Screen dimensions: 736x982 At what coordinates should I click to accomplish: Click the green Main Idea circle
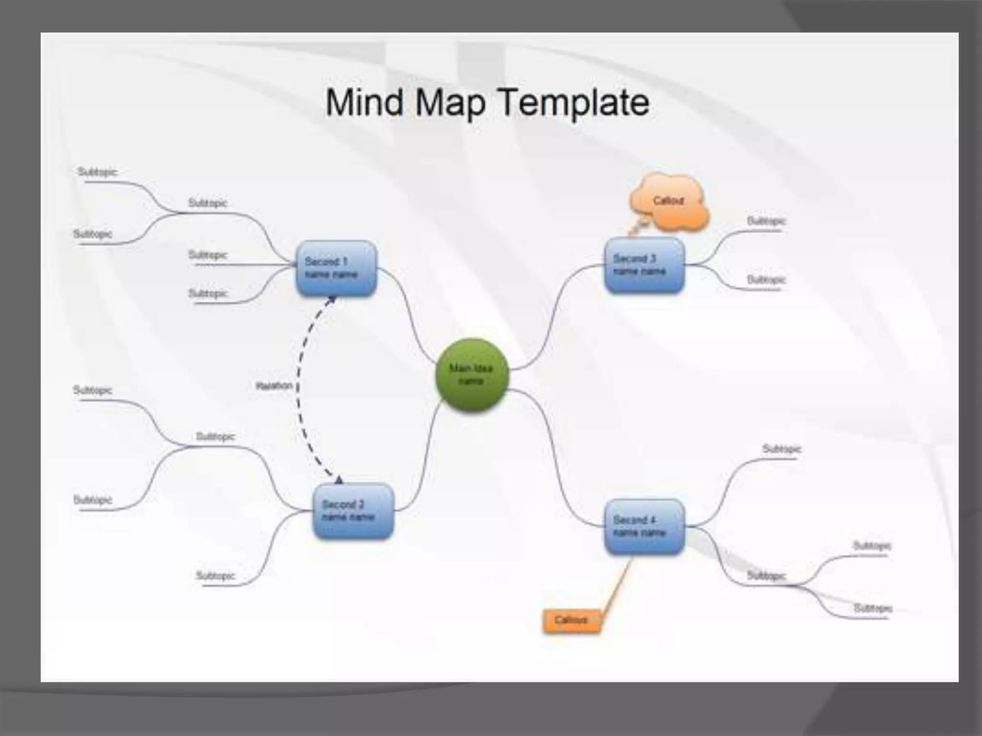pyautogui.click(x=472, y=375)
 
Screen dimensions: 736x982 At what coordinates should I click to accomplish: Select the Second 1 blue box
pyautogui.click(x=336, y=268)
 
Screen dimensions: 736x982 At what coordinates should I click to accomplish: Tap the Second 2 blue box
pyautogui.click(x=353, y=511)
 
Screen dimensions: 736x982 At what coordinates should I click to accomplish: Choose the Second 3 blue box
pyautogui.click(x=644, y=265)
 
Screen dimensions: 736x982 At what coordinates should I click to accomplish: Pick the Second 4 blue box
pyautogui.click(x=644, y=527)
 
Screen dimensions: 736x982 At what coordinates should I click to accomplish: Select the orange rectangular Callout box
pyautogui.click(x=571, y=621)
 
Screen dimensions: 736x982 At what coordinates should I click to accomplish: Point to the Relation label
pyautogui.click(x=274, y=386)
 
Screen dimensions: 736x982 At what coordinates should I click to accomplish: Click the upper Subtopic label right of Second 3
pyautogui.click(x=766, y=221)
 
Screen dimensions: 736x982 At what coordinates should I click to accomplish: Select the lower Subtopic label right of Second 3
pyautogui.click(x=766, y=280)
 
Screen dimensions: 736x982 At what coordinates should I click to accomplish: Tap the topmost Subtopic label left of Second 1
pyautogui.click(x=97, y=172)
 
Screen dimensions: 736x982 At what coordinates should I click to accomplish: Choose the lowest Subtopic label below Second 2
pyautogui.click(x=215, y=575)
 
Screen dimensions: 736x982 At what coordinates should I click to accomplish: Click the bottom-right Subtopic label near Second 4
pyautogui.click(x=872, y=609)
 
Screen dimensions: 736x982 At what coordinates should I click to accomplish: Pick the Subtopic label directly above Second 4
pyautogui.click(x=782, y=449)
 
